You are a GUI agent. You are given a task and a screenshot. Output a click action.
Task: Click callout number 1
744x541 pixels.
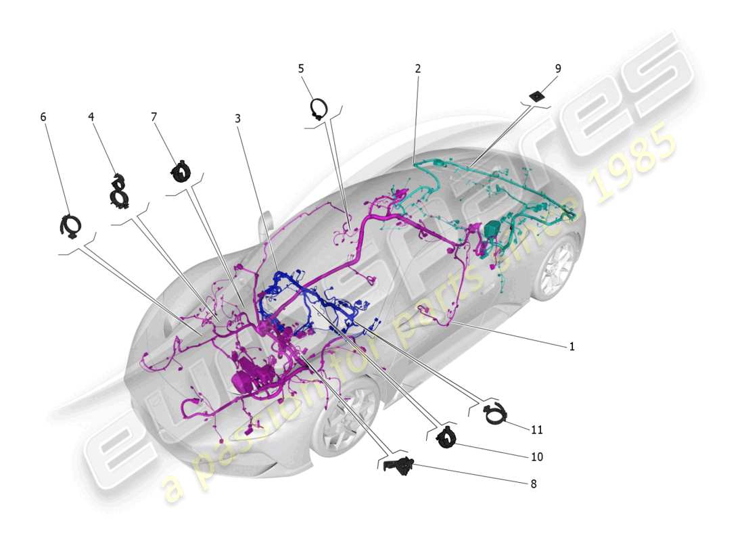572,346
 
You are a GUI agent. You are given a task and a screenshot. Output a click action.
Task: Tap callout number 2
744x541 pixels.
418,68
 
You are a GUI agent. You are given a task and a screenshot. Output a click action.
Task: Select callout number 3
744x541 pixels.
237,118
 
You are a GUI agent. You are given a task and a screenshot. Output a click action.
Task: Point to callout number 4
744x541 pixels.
91,116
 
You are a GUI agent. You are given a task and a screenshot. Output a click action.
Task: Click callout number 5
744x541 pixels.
301,68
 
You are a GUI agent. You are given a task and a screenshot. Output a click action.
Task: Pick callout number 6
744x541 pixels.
43,117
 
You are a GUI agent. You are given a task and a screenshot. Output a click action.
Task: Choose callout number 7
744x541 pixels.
154,117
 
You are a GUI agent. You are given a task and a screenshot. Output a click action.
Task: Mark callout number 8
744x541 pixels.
533,484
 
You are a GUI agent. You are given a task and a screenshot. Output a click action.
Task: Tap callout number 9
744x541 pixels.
557,68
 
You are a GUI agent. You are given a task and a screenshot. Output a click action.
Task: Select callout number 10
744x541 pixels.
536,457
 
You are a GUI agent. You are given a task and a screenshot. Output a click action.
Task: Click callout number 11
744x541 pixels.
536,429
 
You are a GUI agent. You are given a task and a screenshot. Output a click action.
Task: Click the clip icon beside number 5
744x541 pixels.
319,108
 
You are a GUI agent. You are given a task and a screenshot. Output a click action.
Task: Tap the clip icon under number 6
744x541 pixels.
70,226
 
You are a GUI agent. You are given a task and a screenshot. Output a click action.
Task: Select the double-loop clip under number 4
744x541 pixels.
120,191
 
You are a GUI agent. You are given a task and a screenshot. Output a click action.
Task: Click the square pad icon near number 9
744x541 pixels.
538,96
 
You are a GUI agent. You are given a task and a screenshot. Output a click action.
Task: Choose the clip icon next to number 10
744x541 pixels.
446,438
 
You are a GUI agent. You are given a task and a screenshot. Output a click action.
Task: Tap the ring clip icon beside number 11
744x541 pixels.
496,414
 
